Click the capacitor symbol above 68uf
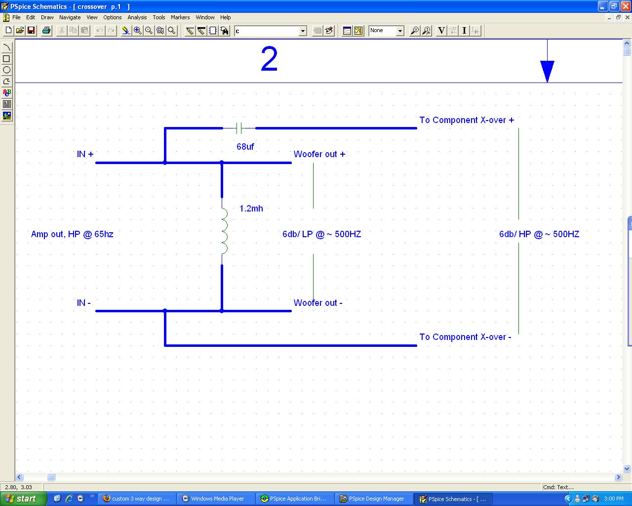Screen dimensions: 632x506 tap(239, 128)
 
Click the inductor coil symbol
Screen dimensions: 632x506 tap(224, 231)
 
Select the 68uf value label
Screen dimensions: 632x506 tap(245, 146)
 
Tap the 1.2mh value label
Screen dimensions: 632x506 tap(251, 209)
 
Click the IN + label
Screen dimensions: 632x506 tap(85, 154)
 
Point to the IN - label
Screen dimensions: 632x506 tap(84, 303)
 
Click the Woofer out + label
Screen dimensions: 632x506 tap(319, 154)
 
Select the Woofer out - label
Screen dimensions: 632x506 tap(318, 303)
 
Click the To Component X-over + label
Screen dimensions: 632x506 tap(467, 120)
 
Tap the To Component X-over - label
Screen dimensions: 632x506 tap(465, 337)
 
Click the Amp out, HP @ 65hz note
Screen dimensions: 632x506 tap(72, 234)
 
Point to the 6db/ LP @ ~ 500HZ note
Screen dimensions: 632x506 tap(322, 234)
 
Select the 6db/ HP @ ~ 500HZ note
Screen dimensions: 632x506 tap(539, 234)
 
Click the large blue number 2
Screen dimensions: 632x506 tap(269, 59)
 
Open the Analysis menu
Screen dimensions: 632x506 tap(137, 17)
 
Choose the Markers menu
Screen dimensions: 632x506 tap(180, 17)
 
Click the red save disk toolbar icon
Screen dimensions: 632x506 tap(31, 30)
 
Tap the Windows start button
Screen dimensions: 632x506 tap(23, 499)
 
